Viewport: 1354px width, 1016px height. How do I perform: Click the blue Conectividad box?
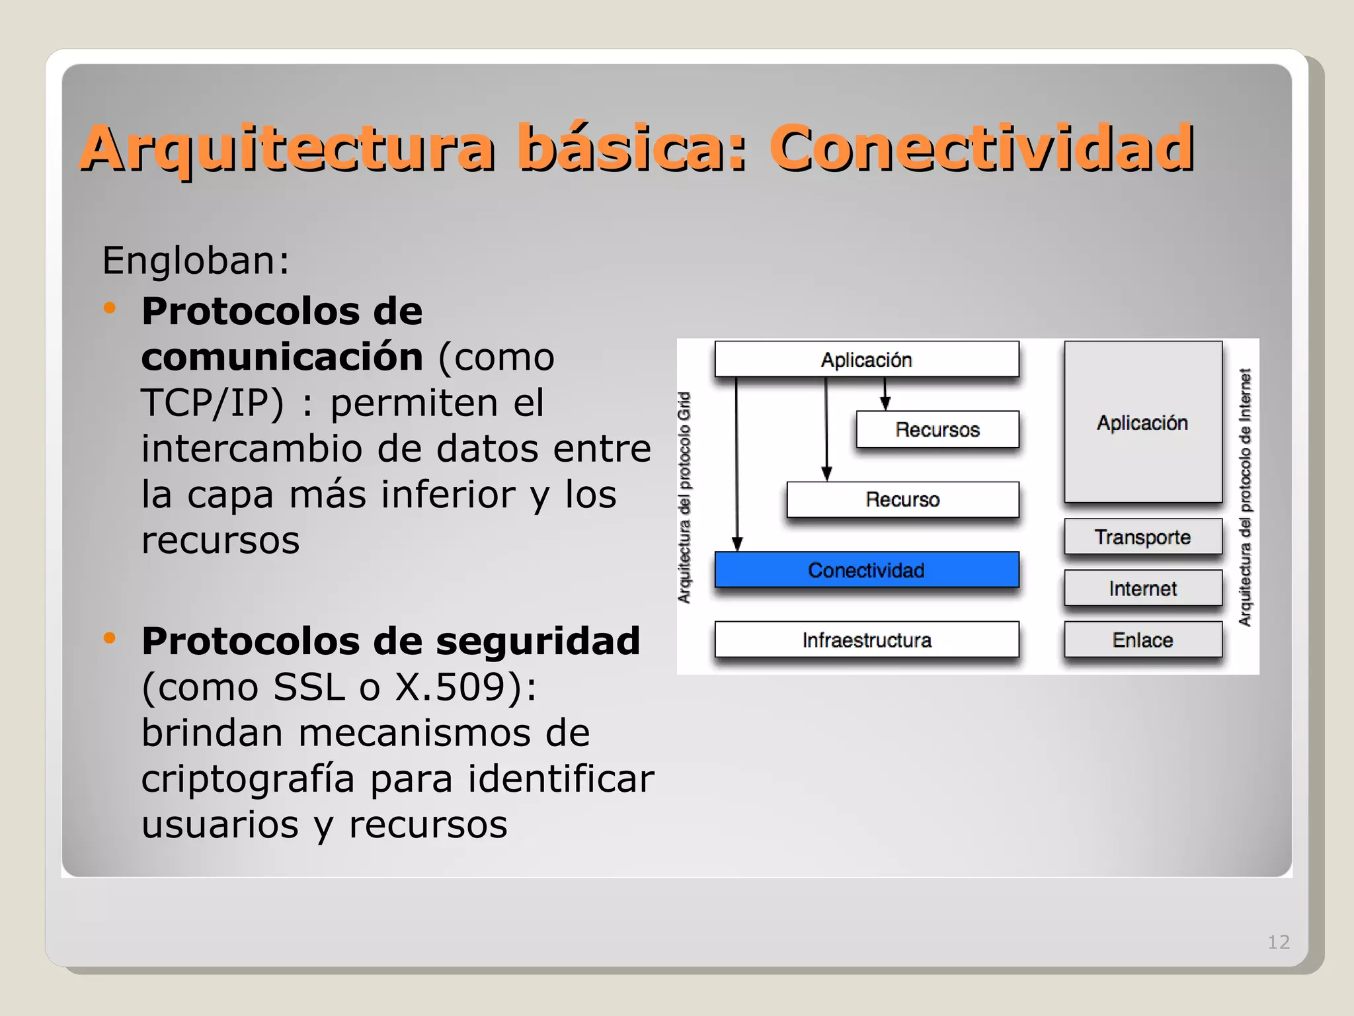coord(866,570)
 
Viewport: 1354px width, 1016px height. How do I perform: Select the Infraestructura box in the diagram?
coord(866,640)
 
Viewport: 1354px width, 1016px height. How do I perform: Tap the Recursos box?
coord(937,429)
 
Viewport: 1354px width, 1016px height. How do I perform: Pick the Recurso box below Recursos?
coord(902,499)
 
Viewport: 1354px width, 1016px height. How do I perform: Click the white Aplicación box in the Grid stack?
coord(866,359)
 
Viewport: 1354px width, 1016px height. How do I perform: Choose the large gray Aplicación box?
coord(1142,422)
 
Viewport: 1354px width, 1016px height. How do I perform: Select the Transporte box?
coord(1142,536)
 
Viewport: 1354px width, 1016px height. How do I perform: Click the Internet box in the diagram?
coord(1142,588)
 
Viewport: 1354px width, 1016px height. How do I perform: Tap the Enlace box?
coord(1142,640)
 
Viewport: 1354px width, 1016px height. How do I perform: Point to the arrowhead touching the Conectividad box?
coord(738,544)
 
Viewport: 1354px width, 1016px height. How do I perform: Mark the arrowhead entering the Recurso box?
coord(826,474)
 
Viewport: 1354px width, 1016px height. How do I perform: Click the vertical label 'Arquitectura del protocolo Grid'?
coord(685,497)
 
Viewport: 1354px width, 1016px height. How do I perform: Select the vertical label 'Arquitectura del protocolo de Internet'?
coord(1245,497)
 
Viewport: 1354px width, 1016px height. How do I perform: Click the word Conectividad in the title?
coord(981,148)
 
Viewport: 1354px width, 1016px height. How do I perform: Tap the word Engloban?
coord(196,260)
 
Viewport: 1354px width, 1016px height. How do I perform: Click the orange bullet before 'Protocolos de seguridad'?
coord(110,638)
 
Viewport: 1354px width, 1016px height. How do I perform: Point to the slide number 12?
coord(1278,942)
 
